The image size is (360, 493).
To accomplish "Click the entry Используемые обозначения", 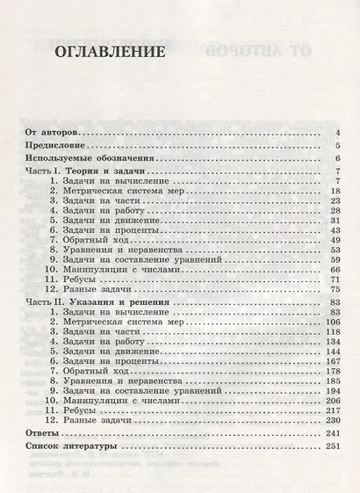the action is point(82,158).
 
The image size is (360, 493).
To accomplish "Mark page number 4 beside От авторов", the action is point(338,132).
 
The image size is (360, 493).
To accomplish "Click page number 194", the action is point(332,389).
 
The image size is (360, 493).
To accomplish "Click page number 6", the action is point(338,158).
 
